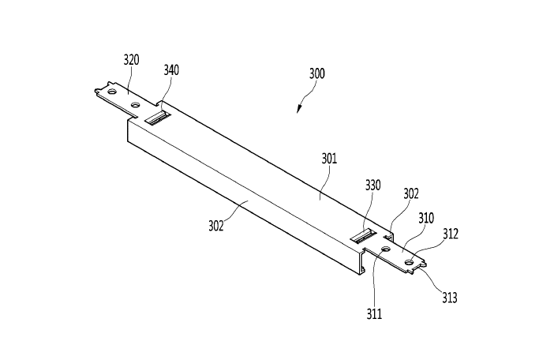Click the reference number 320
pyautogui.click(x=131, y=60)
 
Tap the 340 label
pyautogui.click(x=171, y=70)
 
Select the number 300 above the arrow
pyautogui.click(x=317, y=73)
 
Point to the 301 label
pyautogui.click(x=329, y=159)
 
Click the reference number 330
pyautogui.click(x=373, y=186)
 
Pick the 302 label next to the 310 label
pyautogui.click(x=411, y=193)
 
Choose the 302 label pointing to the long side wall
pyautogui.click(x=216, y=226)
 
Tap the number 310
pyautogui.click(x=426, y=218)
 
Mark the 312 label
pyautogui.click(x=451, y=234)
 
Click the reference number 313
pyautogui.click(x=450, y=298)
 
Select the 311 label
pyautogui.click(x=374, y=314)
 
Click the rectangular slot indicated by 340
pyautogui.click(x=157, y=118)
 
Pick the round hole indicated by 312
pyautogui.click(x=409, y=262)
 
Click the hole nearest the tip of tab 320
pyautogui.click(x=112, y=92)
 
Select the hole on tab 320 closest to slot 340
pyautogui.click(x=136, y=104)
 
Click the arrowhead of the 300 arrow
pyautogui.click(x=299, y=109)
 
